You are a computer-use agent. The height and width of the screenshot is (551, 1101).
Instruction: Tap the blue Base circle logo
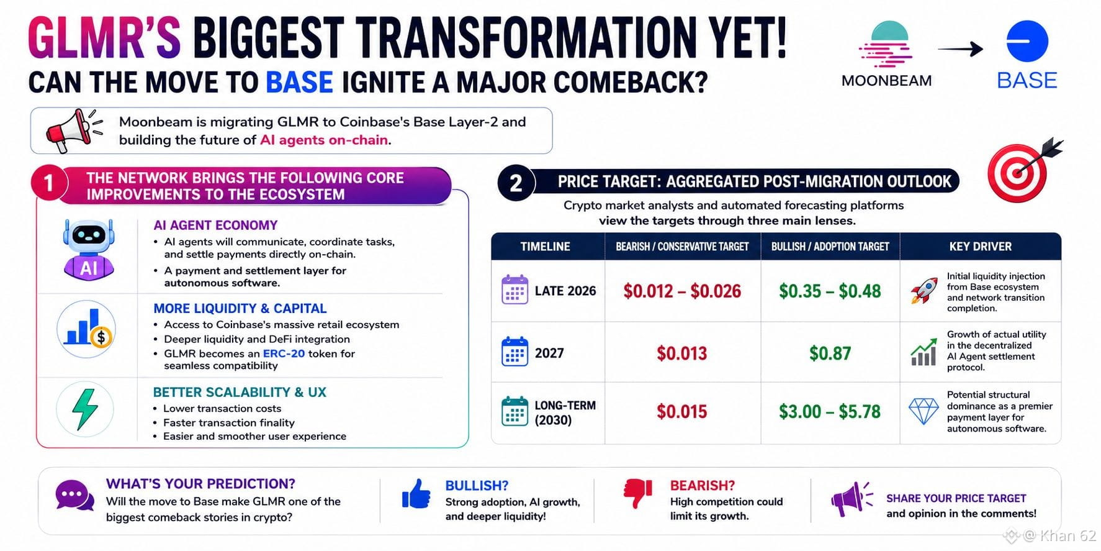pos(1027,41)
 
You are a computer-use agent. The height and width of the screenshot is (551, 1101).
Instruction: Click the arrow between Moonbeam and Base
pos(960,48)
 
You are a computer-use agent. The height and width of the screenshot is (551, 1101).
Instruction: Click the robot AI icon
pos(89,249)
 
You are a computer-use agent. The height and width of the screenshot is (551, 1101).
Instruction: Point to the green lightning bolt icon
pos(85,409)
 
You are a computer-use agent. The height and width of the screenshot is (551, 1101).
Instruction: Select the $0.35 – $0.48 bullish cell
pos(830,291)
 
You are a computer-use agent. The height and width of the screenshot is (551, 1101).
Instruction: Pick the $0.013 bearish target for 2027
pos(681,353)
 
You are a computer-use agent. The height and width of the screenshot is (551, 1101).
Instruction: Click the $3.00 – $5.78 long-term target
pos(830,411)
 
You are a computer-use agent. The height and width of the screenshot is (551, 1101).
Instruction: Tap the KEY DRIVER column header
pos(980,247)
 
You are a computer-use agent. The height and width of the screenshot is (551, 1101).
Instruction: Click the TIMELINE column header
pos(545,247)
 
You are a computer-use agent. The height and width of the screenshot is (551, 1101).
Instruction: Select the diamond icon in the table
pos(923,411)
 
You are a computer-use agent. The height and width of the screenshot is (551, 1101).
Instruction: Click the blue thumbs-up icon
pos(416,494)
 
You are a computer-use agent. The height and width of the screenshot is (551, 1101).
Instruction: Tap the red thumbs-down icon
pos(638,494)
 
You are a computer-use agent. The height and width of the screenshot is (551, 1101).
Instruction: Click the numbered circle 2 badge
pos(516,183)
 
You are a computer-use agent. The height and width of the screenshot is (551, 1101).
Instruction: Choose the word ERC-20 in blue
pos(284,353)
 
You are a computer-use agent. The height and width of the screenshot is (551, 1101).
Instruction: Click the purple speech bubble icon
pos(74,495)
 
